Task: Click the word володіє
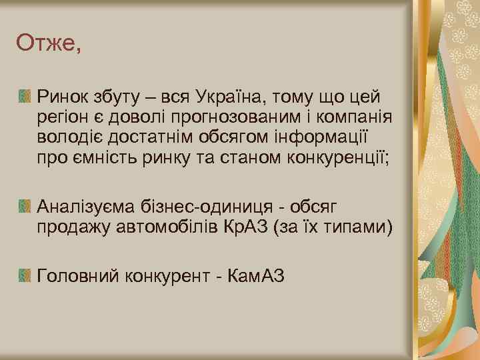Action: pyautogui.click(x=69, y=138)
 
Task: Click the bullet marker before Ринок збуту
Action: pyautogui.click(x=25, y=97)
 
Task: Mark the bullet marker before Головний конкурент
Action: pyautogui.click(x=25, y=273)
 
